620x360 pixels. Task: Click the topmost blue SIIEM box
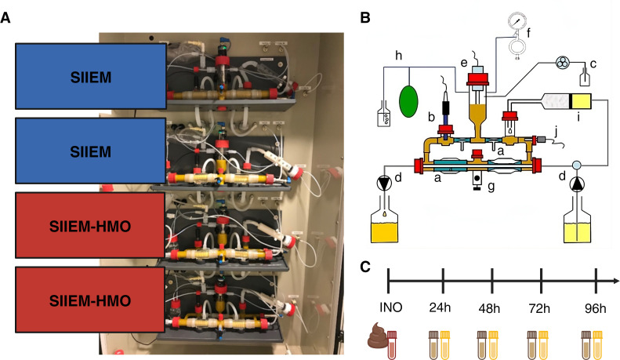[x=91, y=76]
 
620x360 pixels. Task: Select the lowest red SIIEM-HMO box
[x=90, y=300]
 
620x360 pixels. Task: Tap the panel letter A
[x=5, y=17]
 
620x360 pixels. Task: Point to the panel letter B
[x=365, y=17]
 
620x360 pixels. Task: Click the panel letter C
[x=365, y=267]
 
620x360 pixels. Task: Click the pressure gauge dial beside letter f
[x=517, y=20]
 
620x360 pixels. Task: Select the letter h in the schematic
[x=398, y=56]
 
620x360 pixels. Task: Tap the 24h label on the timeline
[x=440, y=307]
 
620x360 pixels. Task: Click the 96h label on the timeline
[x=596, y=308]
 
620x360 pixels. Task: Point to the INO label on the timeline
[x=390, y=307]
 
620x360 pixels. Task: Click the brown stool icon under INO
[x=377, y=336]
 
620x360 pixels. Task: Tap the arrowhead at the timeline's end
[x=616, y=281]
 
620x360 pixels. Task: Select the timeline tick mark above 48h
[x=492, y=281]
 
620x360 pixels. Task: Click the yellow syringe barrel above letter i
[x=582, y=101]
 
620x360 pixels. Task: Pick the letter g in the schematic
[x=491, y=186]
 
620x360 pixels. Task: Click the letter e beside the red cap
[x=464, y=63]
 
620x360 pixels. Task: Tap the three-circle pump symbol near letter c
[x=562, y=63]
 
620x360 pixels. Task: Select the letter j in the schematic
[x=557, y=131]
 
